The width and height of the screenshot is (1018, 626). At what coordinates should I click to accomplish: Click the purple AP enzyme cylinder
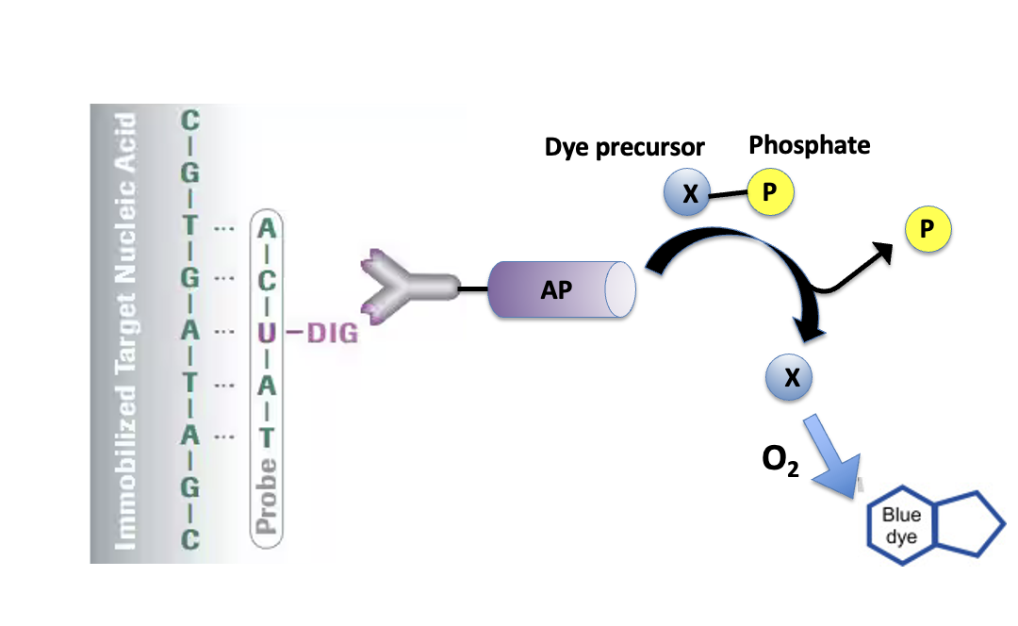pos(561,289)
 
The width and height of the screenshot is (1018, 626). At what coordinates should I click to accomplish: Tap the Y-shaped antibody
pos(409,287)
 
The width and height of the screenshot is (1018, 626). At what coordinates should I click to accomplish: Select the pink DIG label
pos(332,333)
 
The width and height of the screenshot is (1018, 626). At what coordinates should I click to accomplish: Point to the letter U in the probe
pos(267,333)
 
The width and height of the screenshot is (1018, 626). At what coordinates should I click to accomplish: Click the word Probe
pos(266,496)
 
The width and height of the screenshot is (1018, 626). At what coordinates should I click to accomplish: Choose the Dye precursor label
pos(625,147)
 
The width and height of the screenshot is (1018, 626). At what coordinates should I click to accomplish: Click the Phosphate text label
pos(810,145)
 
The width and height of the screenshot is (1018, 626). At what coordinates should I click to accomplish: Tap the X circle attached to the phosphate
pos(687,192)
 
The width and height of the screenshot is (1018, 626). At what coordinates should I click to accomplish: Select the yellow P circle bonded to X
pos(770,191)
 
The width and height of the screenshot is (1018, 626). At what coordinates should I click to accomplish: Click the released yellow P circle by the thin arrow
pos(928,228)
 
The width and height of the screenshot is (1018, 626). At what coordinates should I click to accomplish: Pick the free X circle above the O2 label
pos(789,377)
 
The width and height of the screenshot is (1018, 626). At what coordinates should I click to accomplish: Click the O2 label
pos(780,460)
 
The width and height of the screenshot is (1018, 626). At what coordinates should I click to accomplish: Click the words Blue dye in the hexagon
pos(901,525)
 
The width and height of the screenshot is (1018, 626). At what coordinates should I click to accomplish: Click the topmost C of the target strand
pos(189,120)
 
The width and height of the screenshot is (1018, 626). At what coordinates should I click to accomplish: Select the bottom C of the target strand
pos(189,539)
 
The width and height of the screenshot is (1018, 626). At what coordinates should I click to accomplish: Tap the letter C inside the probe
pos(267,281)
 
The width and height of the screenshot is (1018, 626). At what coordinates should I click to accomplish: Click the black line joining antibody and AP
pos(474,288)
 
